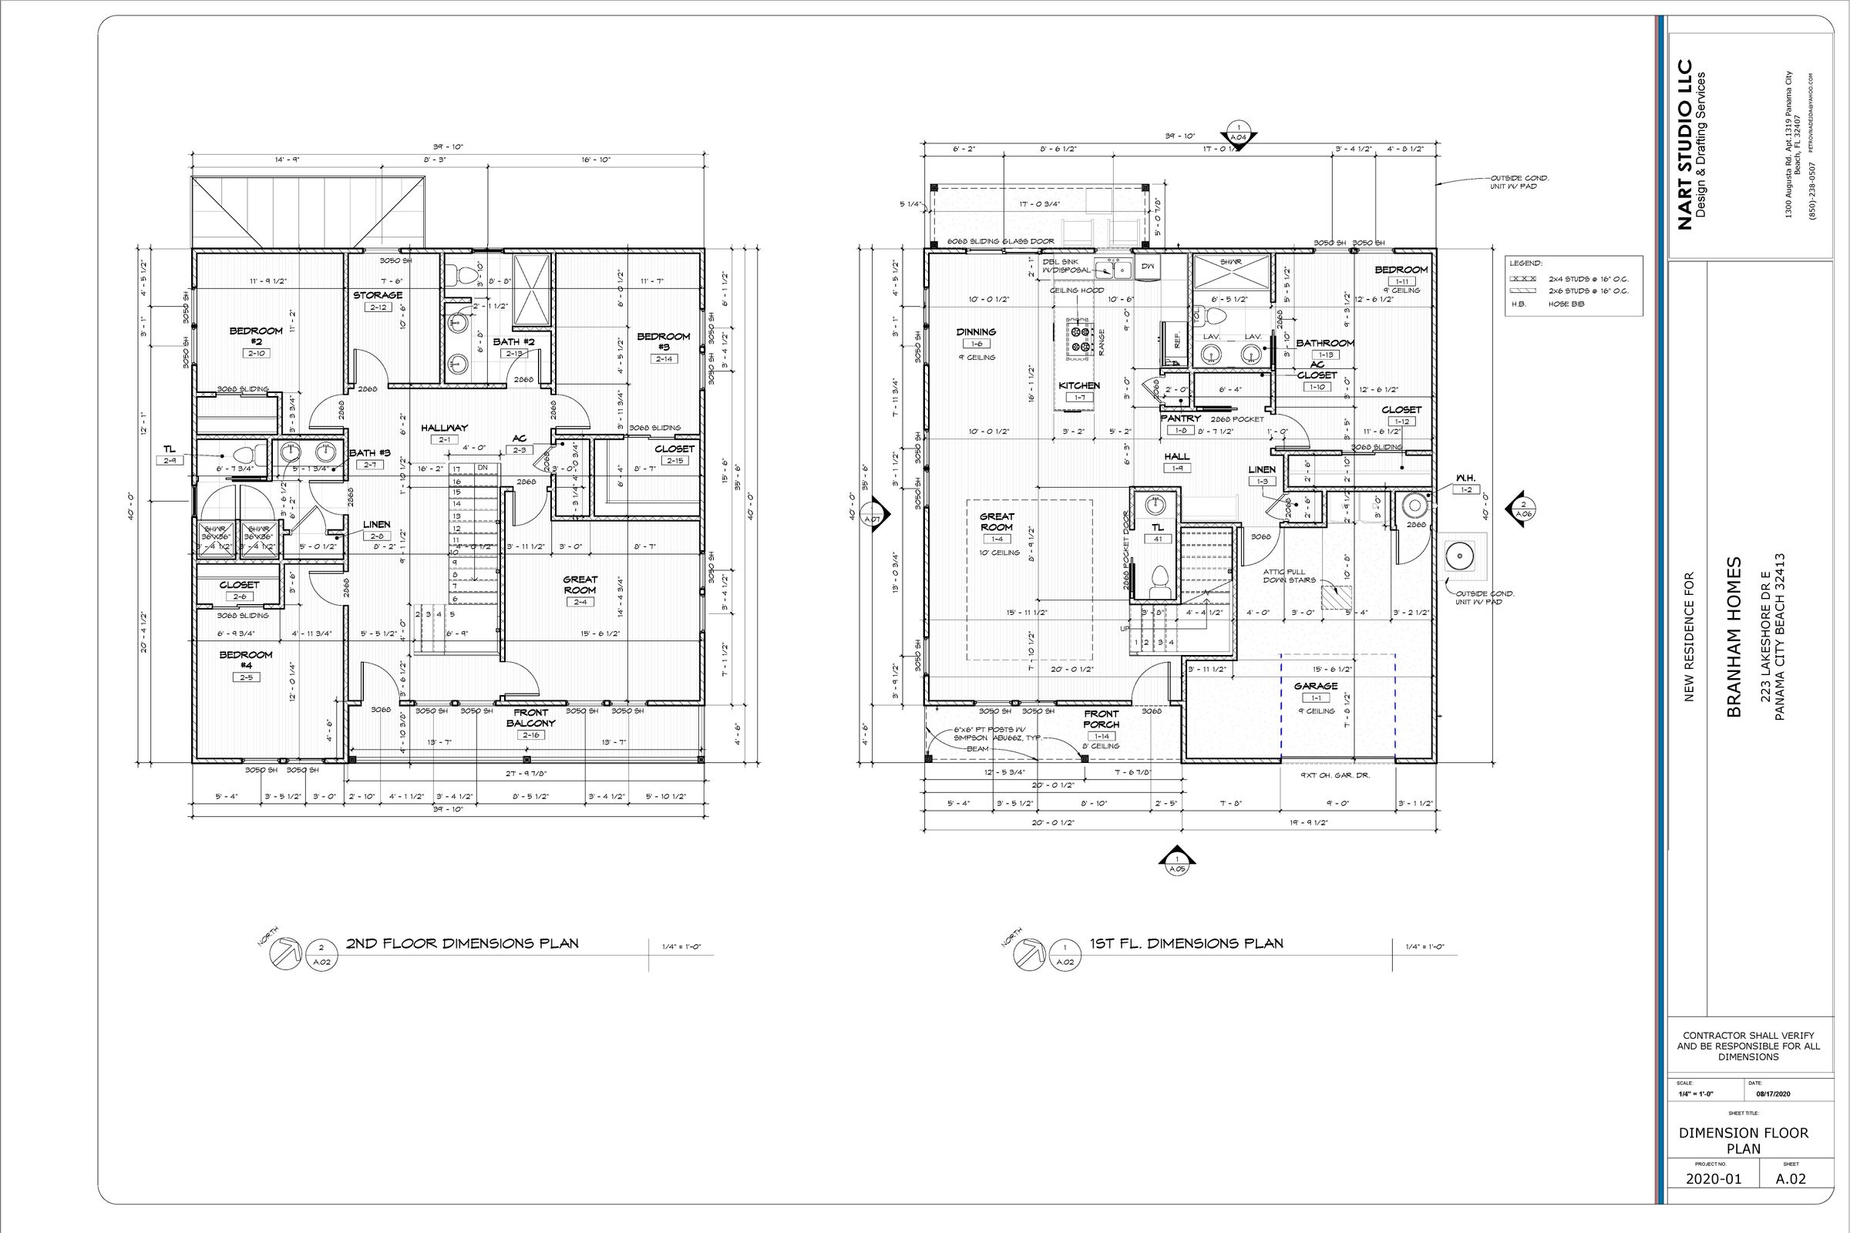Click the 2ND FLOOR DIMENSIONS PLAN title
coord(462,943)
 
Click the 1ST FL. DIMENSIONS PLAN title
coord(1186,943)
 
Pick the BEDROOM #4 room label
coord(245,660)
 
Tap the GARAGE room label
coord(1316,686)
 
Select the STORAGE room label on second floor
coord(378,295)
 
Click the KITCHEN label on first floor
coord(1079,385)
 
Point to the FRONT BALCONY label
coord(531,718)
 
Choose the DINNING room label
coord(976,332)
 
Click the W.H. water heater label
coord(1465,477)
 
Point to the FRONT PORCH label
coord(1102,719)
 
